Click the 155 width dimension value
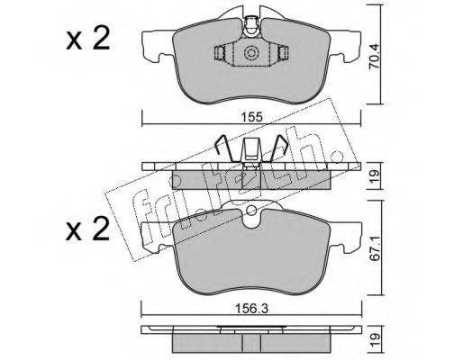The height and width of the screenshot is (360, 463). [251, 117]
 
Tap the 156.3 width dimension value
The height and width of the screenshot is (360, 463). [251, 309]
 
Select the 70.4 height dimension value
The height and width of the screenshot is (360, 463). [374, 60]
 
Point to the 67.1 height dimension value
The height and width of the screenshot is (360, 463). [375, 253]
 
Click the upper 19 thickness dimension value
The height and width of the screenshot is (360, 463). [375, 175]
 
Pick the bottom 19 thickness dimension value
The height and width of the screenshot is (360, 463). [375, 341]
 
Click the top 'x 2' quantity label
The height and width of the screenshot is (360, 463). [88, 40]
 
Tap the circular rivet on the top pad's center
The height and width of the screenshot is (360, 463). [251, 54]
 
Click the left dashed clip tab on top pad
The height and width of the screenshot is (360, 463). [220, 53]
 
